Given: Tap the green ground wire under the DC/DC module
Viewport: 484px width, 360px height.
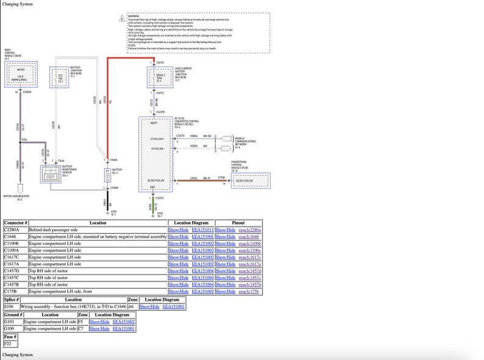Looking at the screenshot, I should coord(151,206).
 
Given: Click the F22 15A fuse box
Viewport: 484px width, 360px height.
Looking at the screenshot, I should coord(60,77).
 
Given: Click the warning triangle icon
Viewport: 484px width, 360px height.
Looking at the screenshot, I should coord(123,19).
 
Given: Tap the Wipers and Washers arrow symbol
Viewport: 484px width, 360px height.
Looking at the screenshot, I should coord(20,188).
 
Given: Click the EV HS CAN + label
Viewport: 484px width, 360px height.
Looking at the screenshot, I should coord(158,139).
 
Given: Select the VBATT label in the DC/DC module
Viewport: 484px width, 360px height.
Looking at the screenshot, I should coord(154,122).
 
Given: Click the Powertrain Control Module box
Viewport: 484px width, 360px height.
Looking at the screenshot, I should coord(250,180).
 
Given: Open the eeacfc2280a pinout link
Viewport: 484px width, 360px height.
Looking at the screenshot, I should coord(249,230).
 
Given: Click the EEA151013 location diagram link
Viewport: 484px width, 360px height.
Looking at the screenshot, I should coord(202,230).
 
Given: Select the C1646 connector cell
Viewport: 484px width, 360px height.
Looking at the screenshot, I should coord(15,236).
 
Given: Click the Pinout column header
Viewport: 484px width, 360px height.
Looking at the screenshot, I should coord(238,223).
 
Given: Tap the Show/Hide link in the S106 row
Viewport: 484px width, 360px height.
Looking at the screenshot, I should coord(149,306).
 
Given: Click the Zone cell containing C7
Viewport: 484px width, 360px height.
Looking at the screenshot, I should coord(82,328).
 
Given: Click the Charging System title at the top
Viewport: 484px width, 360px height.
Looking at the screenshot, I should coord(18,4).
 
